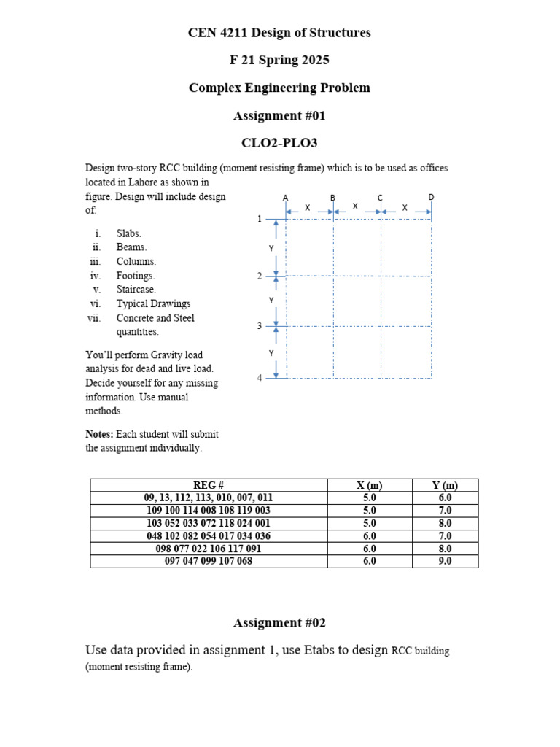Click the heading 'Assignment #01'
tap(279, 115)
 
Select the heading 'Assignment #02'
tap(279, 622)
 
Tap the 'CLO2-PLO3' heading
tap(279, 143)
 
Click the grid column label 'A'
tap(286, 198)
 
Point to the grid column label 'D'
tap(431, 198)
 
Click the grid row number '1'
tap(260, 219)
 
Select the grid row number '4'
tap(260, 378)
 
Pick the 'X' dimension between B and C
tap(355, 207)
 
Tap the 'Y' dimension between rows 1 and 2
tap(272, 249)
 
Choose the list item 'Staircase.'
tap(136, 290)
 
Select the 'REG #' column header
tap(209, 486)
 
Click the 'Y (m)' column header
tap(445, 486)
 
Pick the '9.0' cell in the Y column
tap(445, 561)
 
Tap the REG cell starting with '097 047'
tap(209, 561)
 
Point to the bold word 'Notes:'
tap(99, 434)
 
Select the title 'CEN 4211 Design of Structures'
tap(279, 33)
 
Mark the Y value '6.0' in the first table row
tap(445, 498)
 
